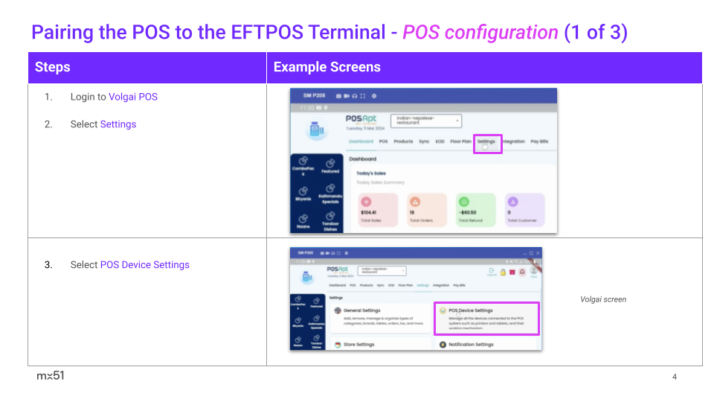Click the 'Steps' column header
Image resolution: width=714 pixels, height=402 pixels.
(x=53, y=67)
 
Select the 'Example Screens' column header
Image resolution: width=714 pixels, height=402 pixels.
(x=327, y=67)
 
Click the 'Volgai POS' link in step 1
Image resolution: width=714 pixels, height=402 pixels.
(x=133, y=97)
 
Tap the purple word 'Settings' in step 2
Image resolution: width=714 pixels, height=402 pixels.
(x=118, y=124)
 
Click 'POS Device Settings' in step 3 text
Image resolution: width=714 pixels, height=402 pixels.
(x=144, y=265)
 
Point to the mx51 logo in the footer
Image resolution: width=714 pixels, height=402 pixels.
(x=51, y=376)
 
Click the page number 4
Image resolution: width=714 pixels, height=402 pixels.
(x=675, y=377)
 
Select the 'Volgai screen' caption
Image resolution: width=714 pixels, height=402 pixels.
(x=603, y=299)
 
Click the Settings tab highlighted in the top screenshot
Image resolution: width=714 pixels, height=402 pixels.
(x=486, y=141)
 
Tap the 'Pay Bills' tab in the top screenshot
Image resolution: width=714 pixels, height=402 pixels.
(x=539, y=141)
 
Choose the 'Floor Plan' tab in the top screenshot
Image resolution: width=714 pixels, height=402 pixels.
(x=461, y=141)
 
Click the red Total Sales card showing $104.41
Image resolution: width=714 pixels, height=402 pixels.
(x=379, y=210)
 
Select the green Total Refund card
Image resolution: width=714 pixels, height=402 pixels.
(x=475, y=210)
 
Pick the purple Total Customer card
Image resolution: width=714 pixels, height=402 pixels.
(x=524, y=210)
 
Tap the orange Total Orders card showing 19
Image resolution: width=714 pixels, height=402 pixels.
(x=427, y=210)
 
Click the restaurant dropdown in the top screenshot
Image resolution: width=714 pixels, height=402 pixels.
(x=425, y=121)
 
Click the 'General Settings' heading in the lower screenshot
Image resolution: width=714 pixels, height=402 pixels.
(x=362, y=310)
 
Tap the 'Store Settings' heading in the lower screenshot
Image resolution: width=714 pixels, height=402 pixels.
(x=358, y=345)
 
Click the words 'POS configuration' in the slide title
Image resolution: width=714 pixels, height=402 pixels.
(x=480, y=33)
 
